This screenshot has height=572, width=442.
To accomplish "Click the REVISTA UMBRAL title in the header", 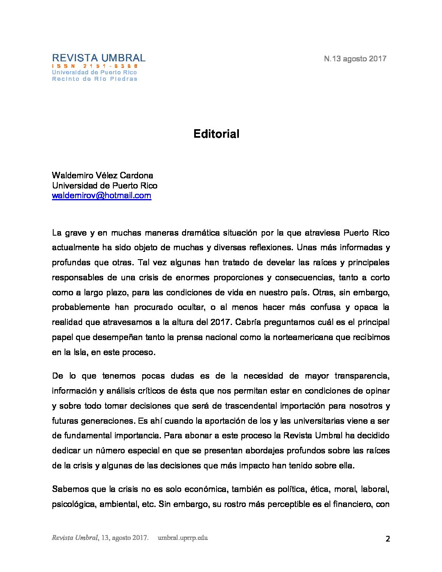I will point(99,58).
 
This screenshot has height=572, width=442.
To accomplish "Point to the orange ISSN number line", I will point(95,66).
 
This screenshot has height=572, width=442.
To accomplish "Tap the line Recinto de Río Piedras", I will point(95,79).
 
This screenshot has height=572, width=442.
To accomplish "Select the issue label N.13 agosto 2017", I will point(355,58).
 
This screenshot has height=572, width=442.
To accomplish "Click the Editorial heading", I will point(216,134).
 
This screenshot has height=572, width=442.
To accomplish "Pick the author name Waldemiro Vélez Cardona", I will point(102,175).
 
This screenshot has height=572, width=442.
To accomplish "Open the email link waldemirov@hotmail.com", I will point(102,195).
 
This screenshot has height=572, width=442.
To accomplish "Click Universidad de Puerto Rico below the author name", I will point(104,186).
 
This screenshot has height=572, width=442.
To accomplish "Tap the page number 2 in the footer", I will point(388,539).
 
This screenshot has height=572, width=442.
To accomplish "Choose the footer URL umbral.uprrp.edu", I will point(183,538).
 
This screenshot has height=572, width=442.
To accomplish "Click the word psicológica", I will point(74,505).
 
